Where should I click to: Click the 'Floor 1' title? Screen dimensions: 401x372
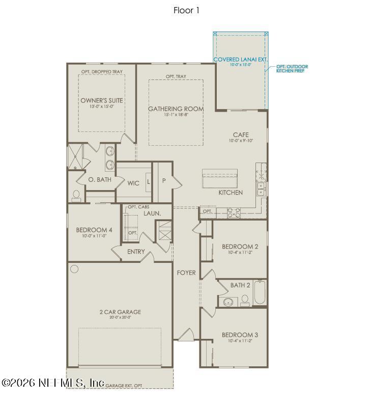tap(186, 10)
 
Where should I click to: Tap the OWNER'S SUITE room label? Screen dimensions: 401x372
tap(101, 100)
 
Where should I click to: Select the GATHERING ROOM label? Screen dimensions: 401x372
tap(176, 109)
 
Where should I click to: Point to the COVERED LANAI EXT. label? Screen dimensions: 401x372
tap(240, 60)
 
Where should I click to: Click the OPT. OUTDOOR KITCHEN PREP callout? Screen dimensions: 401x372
tap(292, 68)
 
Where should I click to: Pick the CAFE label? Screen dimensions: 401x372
tap(241, 135)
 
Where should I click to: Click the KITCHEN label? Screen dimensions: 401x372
tap(231, 193)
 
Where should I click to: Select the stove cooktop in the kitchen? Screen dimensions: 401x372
tap(234, 212)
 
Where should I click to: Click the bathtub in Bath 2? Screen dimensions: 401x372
tap(260, 292)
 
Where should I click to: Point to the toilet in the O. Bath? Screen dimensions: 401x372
tap(76, 195)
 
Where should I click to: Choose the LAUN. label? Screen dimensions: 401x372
tap(152, 213)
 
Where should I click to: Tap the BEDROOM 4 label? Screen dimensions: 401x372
tap(94, 230)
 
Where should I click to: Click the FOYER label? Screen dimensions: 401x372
tap(186, 273)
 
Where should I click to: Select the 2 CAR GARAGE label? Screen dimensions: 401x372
tap(120, 312)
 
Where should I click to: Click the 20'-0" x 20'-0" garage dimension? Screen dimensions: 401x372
tap(120, 318)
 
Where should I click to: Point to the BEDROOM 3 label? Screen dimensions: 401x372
tap(240, 335)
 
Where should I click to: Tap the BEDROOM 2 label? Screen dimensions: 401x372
tap(240, 247)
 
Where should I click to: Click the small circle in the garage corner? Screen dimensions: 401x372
tap(74, 269)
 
